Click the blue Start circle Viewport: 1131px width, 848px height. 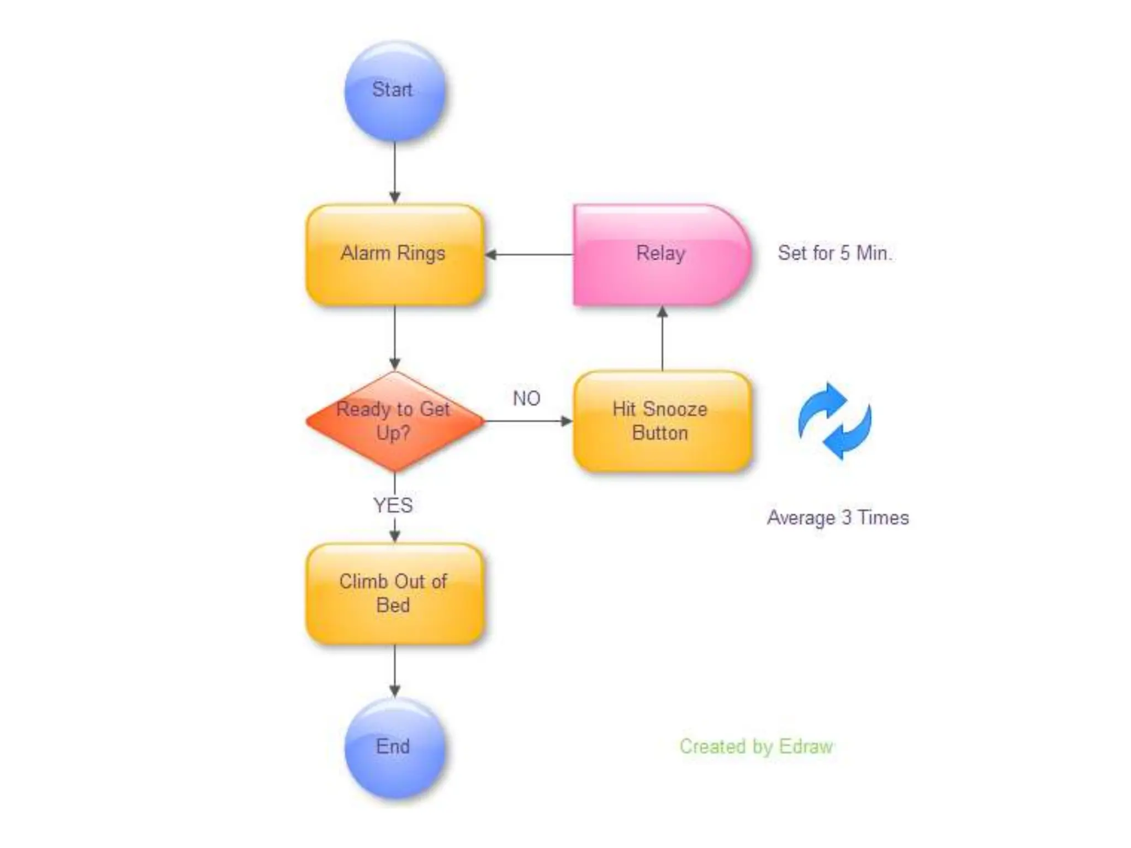(394, 91)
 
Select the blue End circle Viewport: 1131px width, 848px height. (394, 747)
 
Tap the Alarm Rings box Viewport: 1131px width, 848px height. (394, 255)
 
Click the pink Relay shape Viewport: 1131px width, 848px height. (660, 255)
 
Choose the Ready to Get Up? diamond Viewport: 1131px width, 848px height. (394, 421)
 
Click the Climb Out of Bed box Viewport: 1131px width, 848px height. (394, 593)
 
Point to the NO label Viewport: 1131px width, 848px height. (526, 398)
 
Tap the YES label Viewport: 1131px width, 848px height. (393, 505)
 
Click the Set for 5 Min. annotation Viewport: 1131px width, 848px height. (834, 253)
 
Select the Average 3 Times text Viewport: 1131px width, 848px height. (838, 518)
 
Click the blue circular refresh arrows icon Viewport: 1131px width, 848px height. (834, 421)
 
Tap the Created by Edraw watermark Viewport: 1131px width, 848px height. (756, 746)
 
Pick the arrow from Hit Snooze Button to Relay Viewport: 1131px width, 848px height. (662, 338)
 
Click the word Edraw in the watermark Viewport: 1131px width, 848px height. (806, 746)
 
